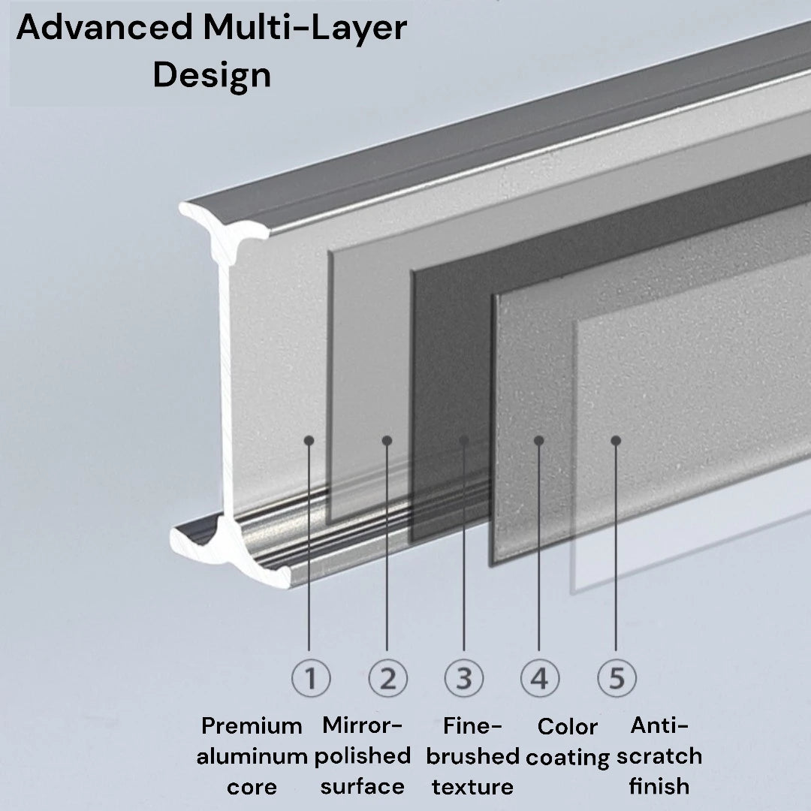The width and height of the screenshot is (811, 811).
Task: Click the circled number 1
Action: (311, 678)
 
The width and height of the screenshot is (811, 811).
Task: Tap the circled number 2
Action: (388, 678)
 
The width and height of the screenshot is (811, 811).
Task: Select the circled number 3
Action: (464, 678)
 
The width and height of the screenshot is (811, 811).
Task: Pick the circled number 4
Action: (539, 678)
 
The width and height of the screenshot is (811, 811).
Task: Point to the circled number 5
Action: (617, 678)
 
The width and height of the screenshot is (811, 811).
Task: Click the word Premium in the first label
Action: (252, 725)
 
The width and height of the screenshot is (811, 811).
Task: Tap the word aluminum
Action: (252, 757)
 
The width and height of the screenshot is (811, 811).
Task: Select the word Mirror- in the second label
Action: (362, 725)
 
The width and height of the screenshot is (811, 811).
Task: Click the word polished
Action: (363, 757)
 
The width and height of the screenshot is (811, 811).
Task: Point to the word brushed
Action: (473, 756)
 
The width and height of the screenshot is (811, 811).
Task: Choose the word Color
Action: (568, 727)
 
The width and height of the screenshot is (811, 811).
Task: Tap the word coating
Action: (568, 758)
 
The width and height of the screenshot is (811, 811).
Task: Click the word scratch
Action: (659, 756)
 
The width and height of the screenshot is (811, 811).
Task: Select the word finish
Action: (659, 786)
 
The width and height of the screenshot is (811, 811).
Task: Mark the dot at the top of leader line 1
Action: (309, 441)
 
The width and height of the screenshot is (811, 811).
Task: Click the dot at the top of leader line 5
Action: (616, 441)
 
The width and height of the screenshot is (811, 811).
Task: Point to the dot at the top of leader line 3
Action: (464, 441)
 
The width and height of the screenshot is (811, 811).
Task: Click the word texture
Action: (473, 787)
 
